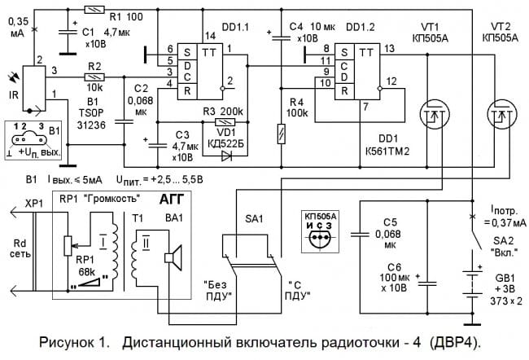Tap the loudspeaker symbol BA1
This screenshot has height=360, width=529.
pyautogui.click(x=173, y=257)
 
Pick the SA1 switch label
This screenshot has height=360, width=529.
pyautogui.click(x=255, y=220)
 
